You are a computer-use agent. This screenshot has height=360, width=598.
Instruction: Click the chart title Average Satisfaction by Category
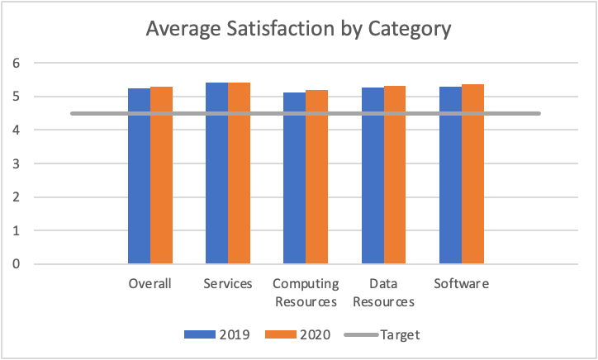(298, 30)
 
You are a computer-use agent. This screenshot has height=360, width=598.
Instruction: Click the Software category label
(462, 284)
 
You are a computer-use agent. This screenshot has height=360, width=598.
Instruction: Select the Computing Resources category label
(306, 292)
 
